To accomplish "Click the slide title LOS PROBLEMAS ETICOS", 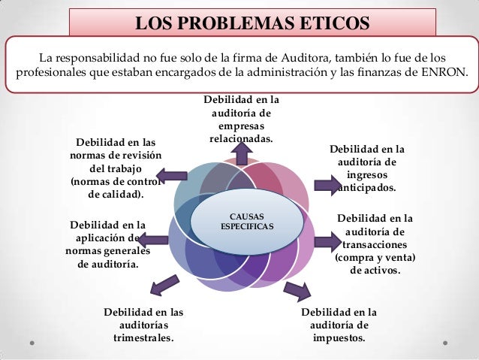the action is click(252, 20).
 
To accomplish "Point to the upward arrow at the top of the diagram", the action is click(243, 152).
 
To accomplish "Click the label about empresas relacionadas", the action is click(242, 119).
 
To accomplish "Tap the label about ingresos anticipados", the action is click(367, 168).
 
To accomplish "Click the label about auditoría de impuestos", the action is click(339, 324).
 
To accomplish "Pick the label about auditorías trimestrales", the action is click(143, 324).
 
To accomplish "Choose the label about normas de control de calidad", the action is click(116, 168).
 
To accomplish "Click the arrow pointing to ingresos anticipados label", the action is click(326, 183).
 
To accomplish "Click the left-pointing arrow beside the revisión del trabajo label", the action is click(172, 176).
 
